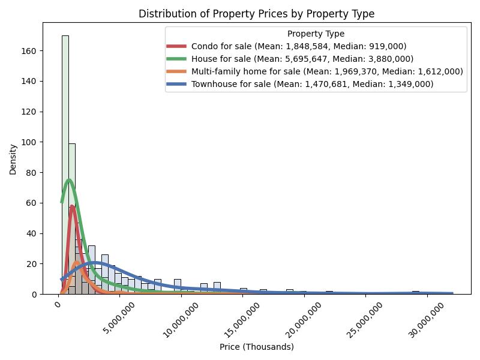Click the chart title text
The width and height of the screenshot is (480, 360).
256,14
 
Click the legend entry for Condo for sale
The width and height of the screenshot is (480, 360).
303,46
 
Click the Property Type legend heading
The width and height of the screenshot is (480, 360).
316,34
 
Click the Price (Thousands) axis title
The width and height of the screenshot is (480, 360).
256,347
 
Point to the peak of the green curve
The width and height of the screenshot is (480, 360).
69,180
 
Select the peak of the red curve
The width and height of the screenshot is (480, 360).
73,206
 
